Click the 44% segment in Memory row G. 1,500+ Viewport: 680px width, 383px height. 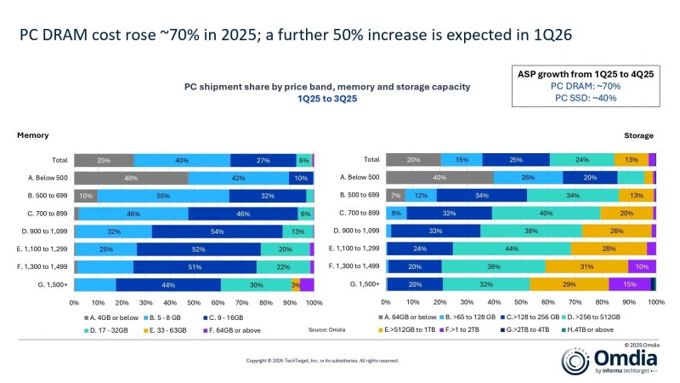pos(168,284)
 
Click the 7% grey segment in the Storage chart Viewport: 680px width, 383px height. pos(395,196)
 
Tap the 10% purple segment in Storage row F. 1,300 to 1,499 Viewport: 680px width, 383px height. pos(641,266)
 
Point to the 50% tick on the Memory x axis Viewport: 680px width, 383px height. pos(194,302)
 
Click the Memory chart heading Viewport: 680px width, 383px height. pos(33,135)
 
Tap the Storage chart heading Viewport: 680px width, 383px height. pos(638,135)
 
